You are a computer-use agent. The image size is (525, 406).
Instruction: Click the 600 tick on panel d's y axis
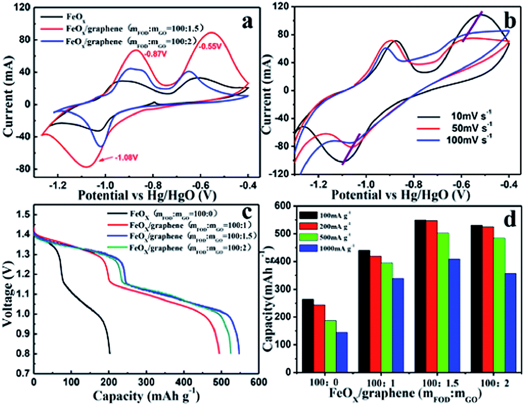coord(288,206)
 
